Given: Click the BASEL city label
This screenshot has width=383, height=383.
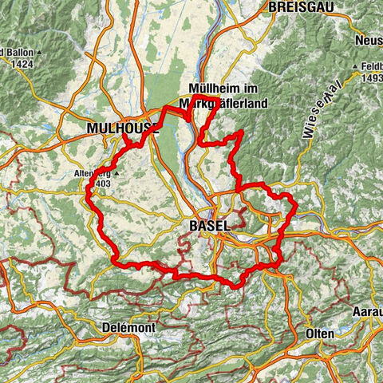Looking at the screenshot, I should (210, 227).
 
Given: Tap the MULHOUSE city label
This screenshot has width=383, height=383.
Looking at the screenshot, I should (118, 127).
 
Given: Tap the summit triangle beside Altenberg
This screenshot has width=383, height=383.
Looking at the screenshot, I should (118, 172).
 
